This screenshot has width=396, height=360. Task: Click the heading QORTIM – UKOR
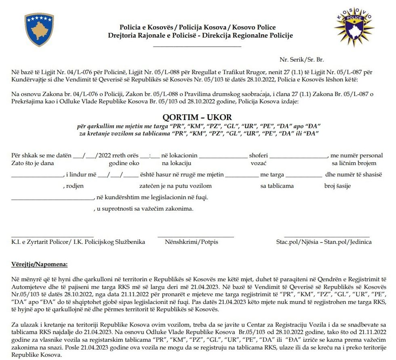[197, 117]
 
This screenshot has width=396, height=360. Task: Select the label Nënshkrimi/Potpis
[191, 242]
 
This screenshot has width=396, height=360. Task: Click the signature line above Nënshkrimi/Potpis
[196, 237]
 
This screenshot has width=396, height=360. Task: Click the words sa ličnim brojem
[354, 163]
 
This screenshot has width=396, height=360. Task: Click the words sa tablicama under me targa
[277, 186]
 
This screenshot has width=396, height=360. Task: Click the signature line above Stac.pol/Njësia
[326, 237]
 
